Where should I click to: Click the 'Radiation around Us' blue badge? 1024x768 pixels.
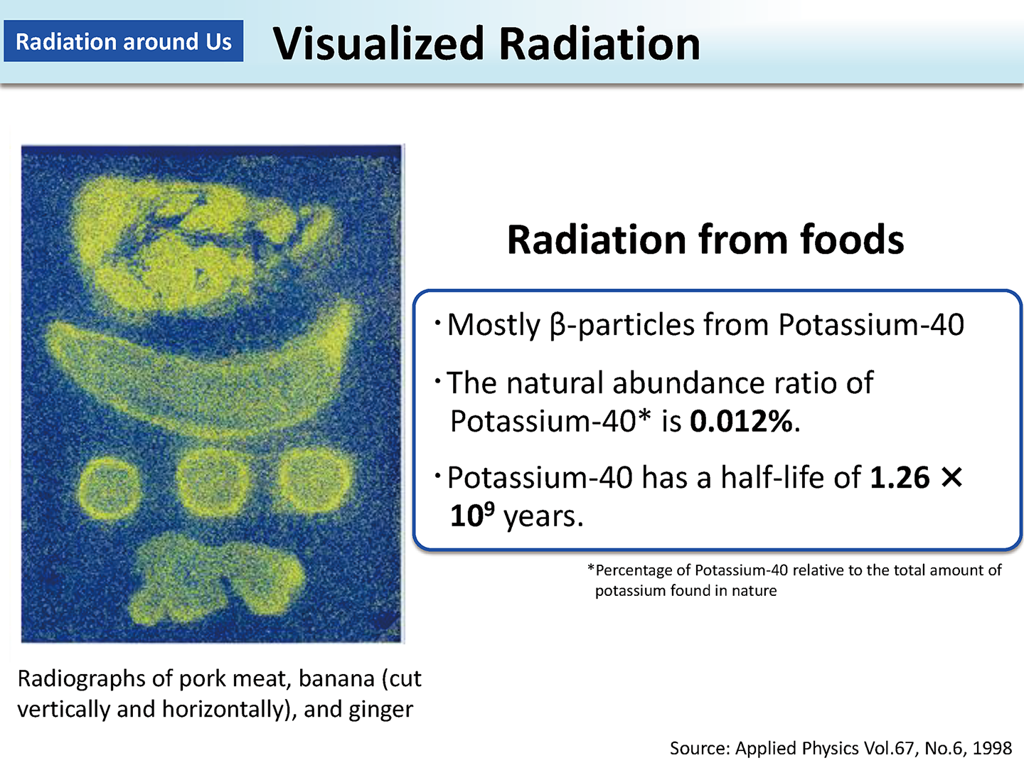coord(124,41)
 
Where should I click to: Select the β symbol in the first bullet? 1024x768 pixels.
coord(558,325)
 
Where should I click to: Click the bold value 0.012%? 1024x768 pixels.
coord(741,421)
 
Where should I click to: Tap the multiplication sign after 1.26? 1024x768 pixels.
coord(951,478)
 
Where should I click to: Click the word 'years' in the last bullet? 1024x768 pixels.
coord(540,517)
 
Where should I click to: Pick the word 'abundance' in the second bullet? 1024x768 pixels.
coord(689,383)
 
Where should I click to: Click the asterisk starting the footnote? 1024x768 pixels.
coord(591,568)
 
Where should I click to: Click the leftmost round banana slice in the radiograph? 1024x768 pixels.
coord(110,489)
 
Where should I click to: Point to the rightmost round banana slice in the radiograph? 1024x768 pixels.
coord(315,479)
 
